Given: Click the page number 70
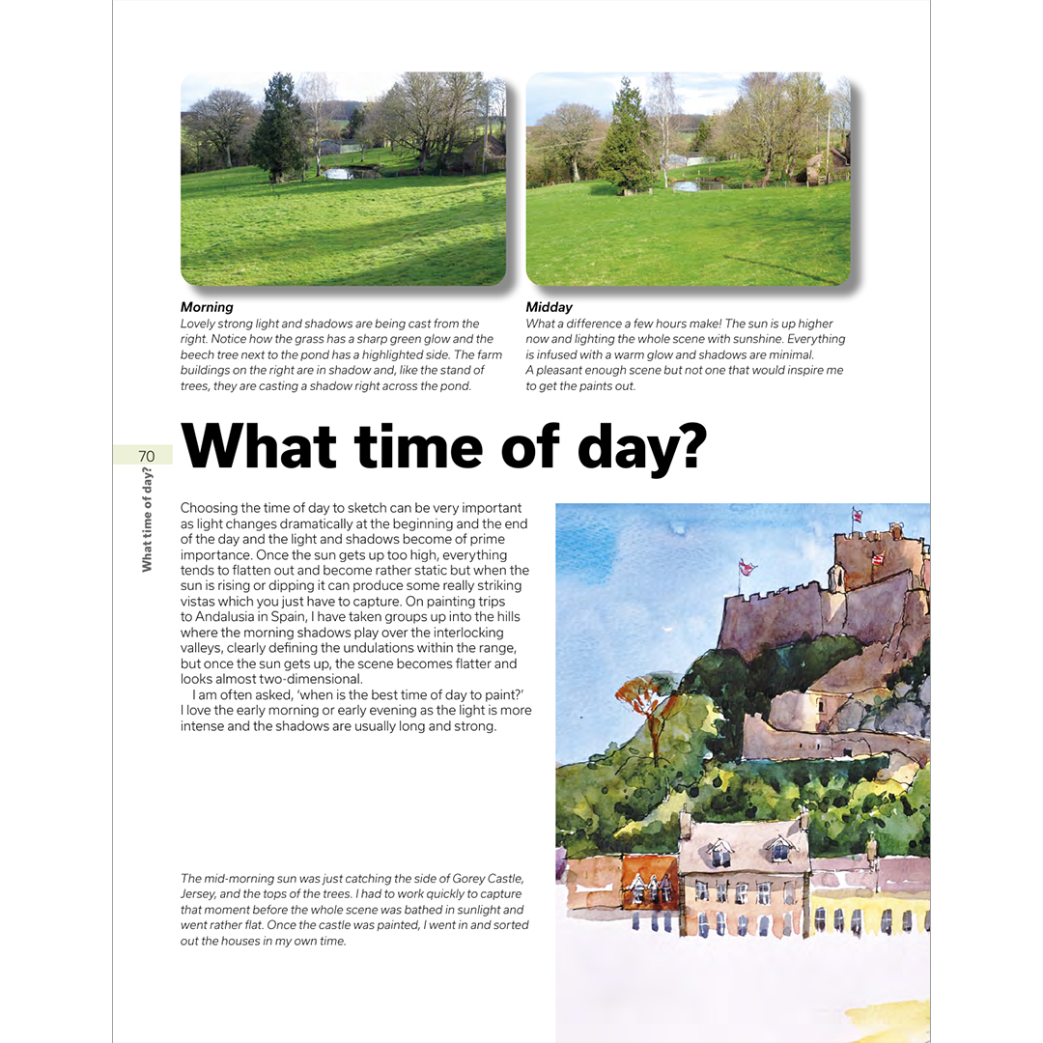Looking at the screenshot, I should click(146, 456).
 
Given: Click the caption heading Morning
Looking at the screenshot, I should click(207, 307).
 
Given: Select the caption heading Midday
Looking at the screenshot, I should click(549, 307).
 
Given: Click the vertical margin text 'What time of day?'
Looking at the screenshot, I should click(147, 520).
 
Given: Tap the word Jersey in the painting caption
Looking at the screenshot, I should click(199, 894).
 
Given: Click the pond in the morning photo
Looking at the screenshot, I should click(339, 174).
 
